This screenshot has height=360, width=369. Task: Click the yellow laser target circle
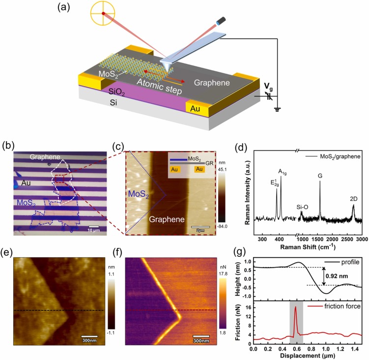click(103, 13)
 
